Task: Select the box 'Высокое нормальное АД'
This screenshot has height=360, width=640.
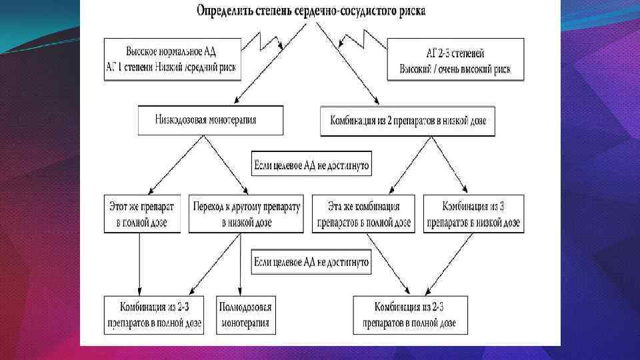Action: (x=171, y=57)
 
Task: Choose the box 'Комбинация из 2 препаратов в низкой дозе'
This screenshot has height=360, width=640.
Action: (x=408, y=121)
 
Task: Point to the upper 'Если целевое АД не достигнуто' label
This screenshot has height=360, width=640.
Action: (x=311, y=164)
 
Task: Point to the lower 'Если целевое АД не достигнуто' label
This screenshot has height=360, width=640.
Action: (x=311, y=262)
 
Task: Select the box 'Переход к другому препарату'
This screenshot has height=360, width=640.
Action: (x=246, y=213)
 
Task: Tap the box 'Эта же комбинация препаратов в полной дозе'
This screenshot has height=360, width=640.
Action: (x=363, y=213)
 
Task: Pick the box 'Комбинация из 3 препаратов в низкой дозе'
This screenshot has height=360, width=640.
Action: (x=473, y=213)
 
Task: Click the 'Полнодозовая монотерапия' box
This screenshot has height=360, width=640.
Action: (x=245, y=315)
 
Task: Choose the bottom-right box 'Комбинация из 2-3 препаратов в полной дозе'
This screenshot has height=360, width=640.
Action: (x=410, y=315)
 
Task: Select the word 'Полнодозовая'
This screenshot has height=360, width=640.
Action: (x=245, y=307)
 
